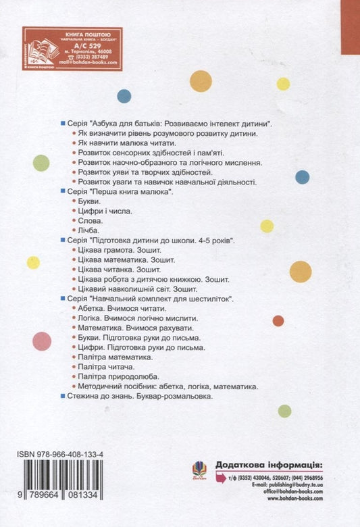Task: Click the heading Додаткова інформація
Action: (269, 465)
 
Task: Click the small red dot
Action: (278, 320)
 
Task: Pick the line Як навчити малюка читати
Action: (127, 145)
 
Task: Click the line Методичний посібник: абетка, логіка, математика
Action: (168, 388)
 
